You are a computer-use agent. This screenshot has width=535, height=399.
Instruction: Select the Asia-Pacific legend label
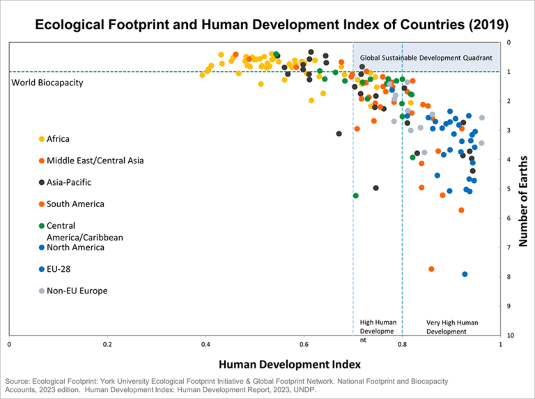[x=68, y=182]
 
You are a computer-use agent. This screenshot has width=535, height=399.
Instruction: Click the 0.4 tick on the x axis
[x=206, y=344]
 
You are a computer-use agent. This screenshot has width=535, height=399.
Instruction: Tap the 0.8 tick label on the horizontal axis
[x=402, y=344]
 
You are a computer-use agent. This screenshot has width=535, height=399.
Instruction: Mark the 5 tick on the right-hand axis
[x=509, y=189]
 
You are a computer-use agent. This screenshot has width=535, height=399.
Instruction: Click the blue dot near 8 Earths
[x=465, y=274]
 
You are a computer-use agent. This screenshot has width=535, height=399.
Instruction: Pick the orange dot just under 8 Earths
[x=431, y=269]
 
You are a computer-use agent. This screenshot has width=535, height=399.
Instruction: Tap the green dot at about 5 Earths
[x=355, y=195]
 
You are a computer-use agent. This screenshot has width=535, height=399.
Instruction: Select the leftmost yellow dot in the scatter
[x=203, y=75]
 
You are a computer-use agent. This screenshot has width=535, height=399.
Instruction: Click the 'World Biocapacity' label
[x=47, y=83]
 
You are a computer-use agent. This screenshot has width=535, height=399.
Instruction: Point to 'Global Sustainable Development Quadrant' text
[x=426, y=57]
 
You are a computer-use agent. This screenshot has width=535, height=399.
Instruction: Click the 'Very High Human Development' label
[x=452, y=327]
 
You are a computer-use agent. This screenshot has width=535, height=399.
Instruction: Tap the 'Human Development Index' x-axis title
[x=289, y=364]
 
